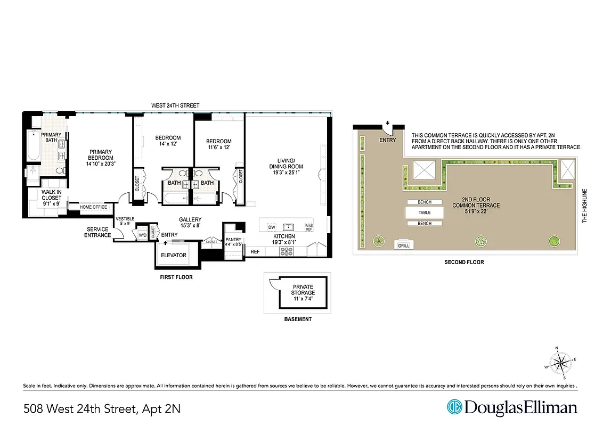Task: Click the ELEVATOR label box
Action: [174, 255]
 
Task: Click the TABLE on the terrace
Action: [425, 212]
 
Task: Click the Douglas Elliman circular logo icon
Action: [454, 407]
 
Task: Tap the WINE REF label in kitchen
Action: [308, 226]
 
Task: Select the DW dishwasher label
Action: [271, 226]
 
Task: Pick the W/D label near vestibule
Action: [142, 234]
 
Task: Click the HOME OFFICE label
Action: [93, 207]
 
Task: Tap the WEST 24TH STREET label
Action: [175, 105]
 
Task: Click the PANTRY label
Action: [233, 240]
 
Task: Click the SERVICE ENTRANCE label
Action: [98, 232]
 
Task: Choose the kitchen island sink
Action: [289, 226]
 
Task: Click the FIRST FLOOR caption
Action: [176, 277]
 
